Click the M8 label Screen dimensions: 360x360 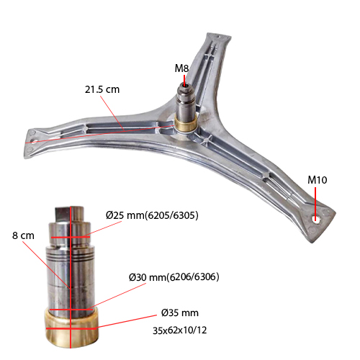181,68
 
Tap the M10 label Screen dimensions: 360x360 318,180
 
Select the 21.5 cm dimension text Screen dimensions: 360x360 102,89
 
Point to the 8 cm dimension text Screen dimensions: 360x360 23,235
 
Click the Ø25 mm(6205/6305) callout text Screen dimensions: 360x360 152,215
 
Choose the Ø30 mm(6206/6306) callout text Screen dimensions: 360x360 174,277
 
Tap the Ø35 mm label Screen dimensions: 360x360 180,313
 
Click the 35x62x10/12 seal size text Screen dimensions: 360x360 180,330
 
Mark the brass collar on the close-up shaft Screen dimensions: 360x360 71,328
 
